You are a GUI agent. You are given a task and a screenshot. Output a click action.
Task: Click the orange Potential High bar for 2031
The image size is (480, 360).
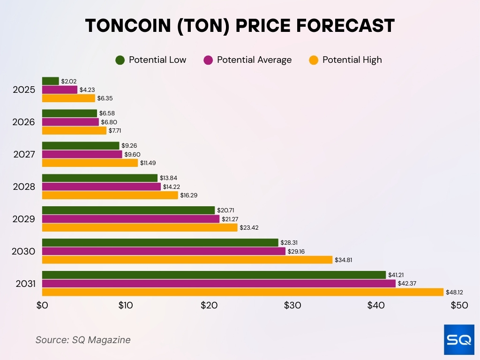242,292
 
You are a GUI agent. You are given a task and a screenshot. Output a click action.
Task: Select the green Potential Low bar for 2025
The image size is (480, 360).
50,81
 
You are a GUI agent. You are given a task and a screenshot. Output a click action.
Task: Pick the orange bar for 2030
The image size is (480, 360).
187,260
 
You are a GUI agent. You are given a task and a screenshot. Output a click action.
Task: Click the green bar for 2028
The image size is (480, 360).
99,178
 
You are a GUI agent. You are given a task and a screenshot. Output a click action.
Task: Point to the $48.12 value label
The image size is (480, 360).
454,292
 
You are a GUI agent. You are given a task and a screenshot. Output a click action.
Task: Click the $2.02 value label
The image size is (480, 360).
68,81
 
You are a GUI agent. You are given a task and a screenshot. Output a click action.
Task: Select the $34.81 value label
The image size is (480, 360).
343,260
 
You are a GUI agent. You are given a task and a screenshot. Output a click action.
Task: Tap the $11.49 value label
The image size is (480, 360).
148,163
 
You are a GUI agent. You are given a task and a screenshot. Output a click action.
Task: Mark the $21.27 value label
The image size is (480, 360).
229,219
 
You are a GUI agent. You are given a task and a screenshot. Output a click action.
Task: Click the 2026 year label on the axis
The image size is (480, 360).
24,122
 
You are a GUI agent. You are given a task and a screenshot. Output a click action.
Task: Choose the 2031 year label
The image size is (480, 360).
24,284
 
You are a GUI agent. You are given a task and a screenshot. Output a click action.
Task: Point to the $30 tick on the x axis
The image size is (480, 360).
292,305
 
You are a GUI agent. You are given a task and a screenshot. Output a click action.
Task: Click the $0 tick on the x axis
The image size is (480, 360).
42,305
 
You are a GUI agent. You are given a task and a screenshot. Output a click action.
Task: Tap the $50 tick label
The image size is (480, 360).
459,305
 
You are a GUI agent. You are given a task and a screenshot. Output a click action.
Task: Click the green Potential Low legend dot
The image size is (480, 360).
120,60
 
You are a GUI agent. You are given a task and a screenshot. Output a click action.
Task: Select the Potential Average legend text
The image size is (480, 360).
254,60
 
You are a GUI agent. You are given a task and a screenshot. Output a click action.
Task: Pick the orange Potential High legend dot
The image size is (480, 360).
314,60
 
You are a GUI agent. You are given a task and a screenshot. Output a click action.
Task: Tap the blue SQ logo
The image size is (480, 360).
459,340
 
